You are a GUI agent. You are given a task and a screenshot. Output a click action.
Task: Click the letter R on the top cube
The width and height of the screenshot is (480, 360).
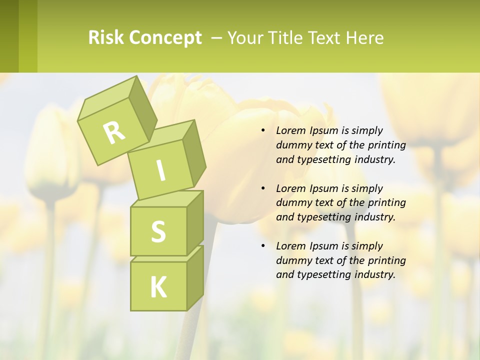114,133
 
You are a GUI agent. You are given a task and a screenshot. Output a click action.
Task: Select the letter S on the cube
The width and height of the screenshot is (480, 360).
158,231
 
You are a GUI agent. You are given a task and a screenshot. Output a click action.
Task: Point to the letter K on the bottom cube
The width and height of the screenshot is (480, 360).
158,287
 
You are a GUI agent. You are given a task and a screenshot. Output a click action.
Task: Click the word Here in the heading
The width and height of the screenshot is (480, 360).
364,38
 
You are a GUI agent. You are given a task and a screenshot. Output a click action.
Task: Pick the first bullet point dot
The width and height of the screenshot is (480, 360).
263,130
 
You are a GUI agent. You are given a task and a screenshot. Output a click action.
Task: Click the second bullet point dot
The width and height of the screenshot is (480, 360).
263,188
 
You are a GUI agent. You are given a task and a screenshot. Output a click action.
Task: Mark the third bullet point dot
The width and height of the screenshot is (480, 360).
263,246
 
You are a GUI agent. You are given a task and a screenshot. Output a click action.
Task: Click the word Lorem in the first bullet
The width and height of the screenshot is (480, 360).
290,130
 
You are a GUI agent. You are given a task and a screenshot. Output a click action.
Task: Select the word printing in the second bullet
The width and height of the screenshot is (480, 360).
386,203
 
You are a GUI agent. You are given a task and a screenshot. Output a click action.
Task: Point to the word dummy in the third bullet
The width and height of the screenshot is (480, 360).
292,260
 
